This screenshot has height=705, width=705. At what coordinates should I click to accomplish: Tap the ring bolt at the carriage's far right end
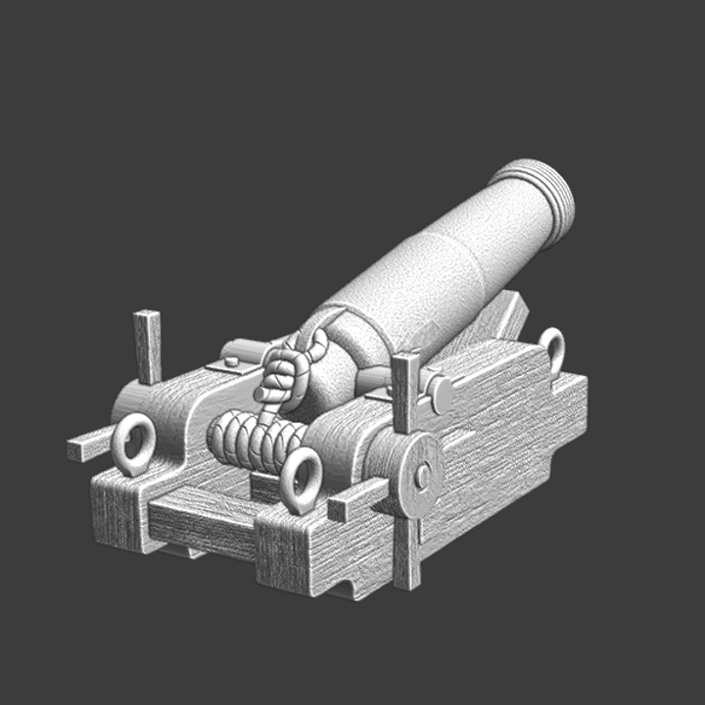[x=552, y=349]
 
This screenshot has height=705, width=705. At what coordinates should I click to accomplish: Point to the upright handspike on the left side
[x=148, y=346]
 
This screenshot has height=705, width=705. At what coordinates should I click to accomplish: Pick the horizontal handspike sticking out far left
[x=88, y=447]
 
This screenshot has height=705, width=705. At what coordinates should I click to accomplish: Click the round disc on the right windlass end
[x=417, y=476]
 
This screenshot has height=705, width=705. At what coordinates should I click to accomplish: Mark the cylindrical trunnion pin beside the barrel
[x=440, y=395]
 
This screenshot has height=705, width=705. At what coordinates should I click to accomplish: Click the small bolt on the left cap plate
[x=231, y=361]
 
